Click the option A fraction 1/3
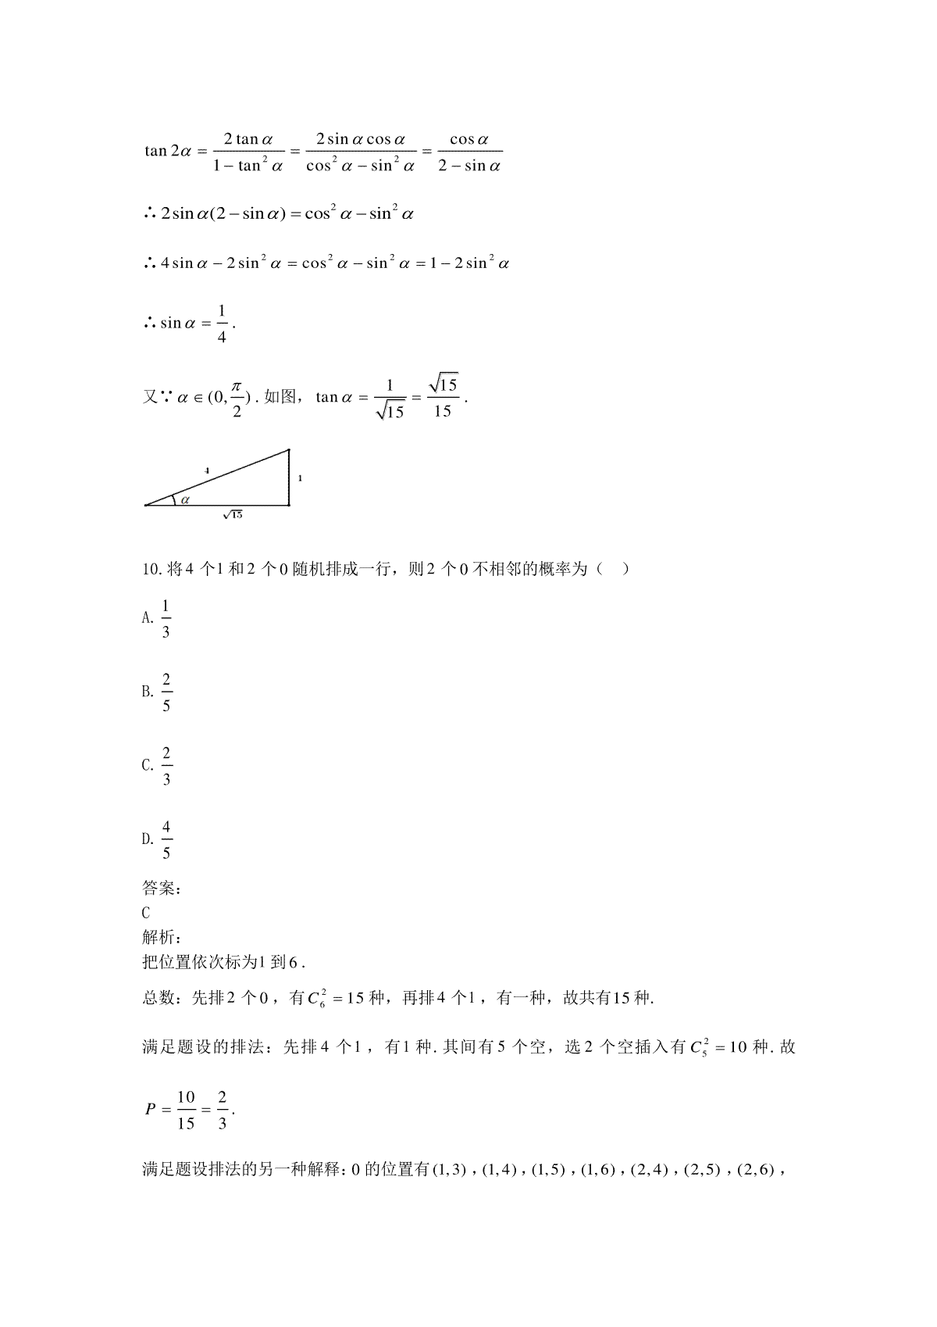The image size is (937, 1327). point(166,619)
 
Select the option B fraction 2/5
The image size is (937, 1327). point(166,692)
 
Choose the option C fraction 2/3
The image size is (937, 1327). point(166,766)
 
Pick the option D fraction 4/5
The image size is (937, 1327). point(166,839)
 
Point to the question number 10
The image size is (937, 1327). point(151,569)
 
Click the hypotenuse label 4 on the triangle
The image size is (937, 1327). point(207,470)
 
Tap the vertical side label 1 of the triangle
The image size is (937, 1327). point(300,478)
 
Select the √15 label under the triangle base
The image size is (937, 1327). point(232,514)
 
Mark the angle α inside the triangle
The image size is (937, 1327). point(185,499)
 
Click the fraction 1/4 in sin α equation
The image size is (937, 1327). point(222,324)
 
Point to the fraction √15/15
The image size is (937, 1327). point(443,397)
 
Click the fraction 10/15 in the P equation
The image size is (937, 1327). point(186,1110)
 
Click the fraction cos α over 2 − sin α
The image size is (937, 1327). point(469,152)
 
